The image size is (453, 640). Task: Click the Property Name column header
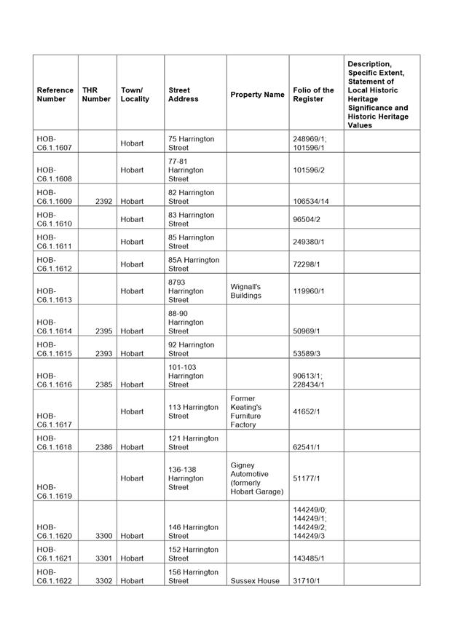click(257, 95)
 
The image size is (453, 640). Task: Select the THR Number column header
click(96, 95)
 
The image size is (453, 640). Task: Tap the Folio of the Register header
click(313, 95)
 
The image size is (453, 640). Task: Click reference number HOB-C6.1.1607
click(55, 143)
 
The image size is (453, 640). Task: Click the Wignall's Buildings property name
click(245, 291)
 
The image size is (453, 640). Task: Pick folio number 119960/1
click(307, 291)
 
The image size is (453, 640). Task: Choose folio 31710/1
click(306, 581)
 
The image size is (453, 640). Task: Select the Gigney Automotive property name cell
click(256, 478)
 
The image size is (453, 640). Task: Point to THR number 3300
click(103, 536)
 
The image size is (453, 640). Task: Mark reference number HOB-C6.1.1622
click(55, 577)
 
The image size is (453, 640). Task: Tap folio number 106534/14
click(310, 202)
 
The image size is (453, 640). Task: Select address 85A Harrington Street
click(193, 264)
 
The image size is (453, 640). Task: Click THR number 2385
click(103, 384)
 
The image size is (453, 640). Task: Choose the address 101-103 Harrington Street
click(186, 376)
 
